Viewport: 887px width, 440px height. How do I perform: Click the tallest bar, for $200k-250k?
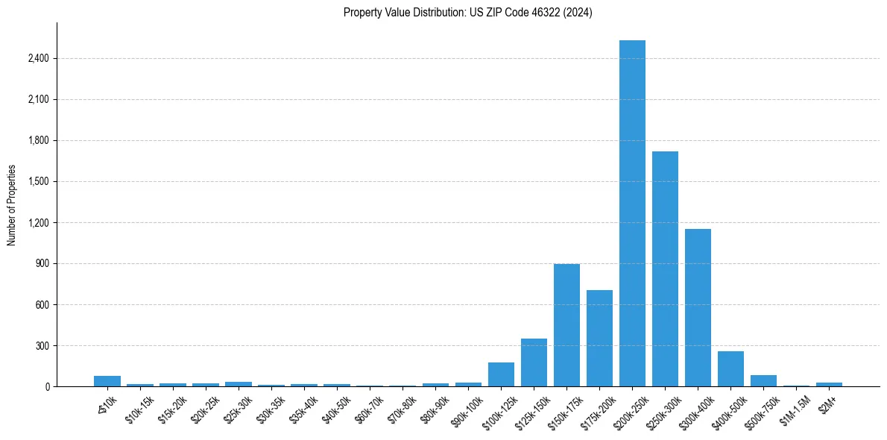(632, 213)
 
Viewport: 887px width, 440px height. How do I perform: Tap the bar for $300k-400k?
(698, 307)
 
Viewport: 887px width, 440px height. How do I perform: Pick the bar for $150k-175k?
(566, 325)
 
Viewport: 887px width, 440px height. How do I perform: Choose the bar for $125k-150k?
(534, 362)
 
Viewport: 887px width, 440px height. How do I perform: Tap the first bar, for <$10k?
(107, 381)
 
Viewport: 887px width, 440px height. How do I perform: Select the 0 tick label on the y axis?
(47, 386)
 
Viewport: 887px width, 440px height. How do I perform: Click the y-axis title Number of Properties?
(11, 204)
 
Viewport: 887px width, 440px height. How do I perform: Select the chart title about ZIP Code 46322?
(467, 13)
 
